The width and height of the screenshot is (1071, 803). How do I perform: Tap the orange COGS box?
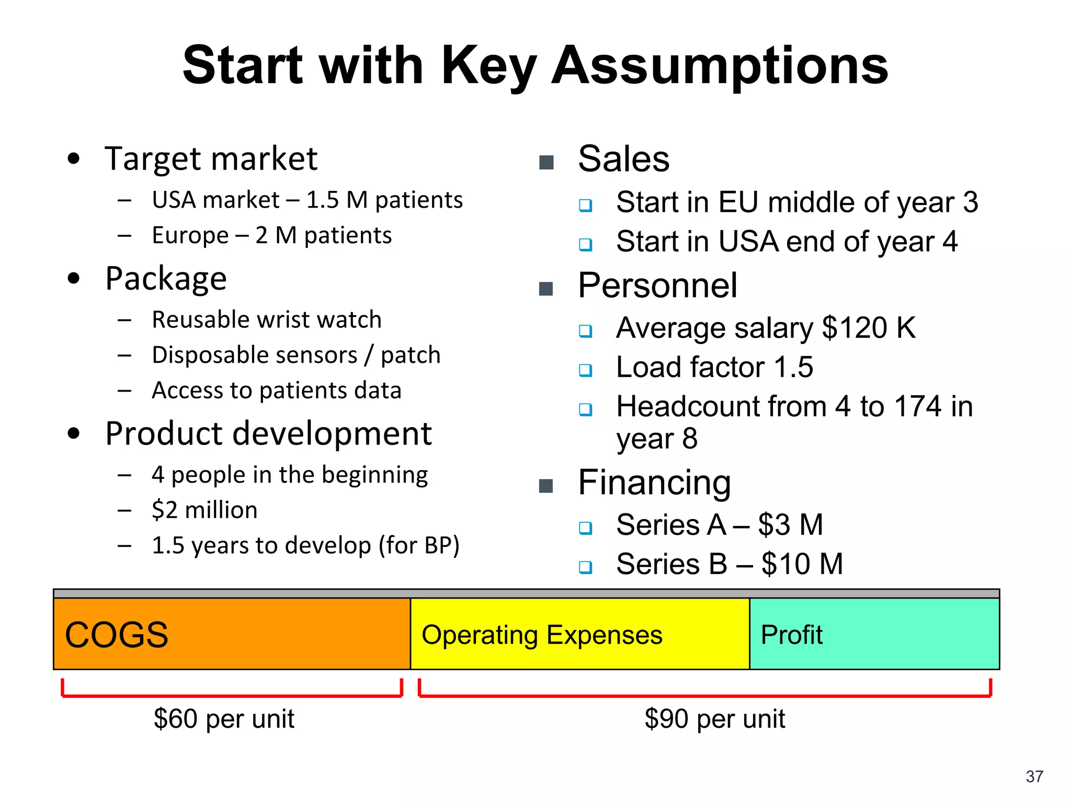(x=232, y=634)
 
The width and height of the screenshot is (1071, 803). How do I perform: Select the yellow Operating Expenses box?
(x=579, y=634)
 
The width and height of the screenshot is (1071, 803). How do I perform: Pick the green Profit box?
(x=874, y=634)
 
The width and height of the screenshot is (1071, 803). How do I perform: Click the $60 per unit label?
(x=224, y=719)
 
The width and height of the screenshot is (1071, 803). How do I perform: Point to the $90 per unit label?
(x=714, y=719)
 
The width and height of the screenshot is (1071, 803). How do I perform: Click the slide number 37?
(x=1034, y=776)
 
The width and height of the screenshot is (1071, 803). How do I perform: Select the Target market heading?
(x=211, y=158)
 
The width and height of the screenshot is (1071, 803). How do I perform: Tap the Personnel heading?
(x=657, y=285)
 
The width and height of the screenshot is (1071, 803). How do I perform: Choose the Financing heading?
(x=654, y=482)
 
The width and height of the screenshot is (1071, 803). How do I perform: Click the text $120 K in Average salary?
(x=868, y=328)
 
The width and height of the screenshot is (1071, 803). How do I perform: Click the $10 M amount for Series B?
(x=802, y=564)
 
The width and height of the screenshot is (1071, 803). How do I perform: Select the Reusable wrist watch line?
(x=267, y=319)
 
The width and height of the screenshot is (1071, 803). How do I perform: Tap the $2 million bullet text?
(x=204, y=510)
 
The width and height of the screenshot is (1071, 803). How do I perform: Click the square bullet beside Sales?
(x=546, y=163)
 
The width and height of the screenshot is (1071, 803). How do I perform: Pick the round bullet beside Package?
(x=74, y=278)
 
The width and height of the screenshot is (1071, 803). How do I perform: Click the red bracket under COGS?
(x=232, y=695)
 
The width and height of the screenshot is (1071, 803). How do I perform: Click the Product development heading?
(x=268, y=433)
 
